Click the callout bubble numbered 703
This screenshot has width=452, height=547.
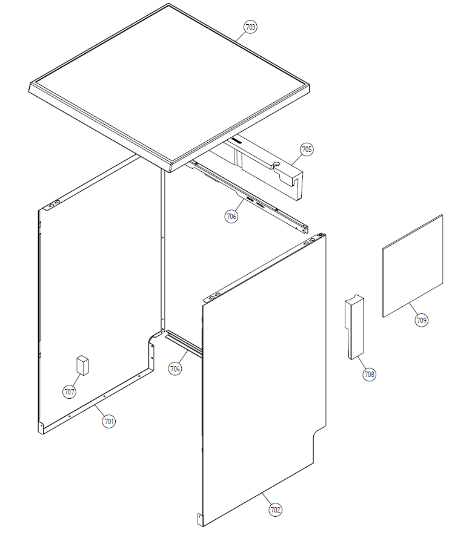pyautogui.click(x=250, y=27)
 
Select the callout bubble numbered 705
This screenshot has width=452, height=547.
pyautogui.click(x=307, y=149)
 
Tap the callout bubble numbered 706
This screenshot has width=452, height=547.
pyautogui.click(x=231, y=216)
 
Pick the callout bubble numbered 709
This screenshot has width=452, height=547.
pyautogui.click(x=421, y=319)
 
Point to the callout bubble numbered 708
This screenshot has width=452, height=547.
pyautogui.click(x=369, y=375)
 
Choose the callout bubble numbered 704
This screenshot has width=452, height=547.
pyautogui.click(x=175, y=368)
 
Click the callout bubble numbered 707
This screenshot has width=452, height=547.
pyautogui.click(x=69, y=391)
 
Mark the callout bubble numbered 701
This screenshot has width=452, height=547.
pyautogui.click(x=109, y=421)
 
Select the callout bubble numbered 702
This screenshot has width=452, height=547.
pyautogui.click(x=275, y=509)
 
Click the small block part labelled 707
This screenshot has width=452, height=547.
pyautogui.click(x=82, y=365)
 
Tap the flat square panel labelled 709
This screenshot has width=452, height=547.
pyautogui.click(x=413, y=266)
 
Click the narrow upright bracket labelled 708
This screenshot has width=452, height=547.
pyautogui.click(x=354, y=327)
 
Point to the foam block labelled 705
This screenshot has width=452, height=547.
pyautogui.click(x=259, y=164)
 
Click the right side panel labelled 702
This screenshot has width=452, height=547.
pyautogui.click(x=264, y=380)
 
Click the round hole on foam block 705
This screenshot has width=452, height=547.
pyautogui.click(x=276, y=163)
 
